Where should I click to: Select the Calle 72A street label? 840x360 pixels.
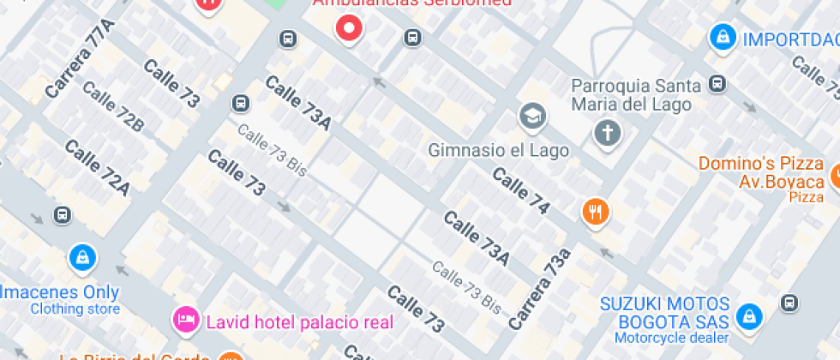coord(97,166)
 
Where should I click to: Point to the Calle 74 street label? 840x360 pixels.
coord(520,190)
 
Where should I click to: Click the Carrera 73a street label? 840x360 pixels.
coord(540,289)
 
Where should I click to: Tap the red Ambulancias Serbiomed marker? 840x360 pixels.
coord(349,30)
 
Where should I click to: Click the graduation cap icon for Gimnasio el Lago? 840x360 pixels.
coord(532,115)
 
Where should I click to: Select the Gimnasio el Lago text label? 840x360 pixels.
coord(499,151)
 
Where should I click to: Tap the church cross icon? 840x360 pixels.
coord(608,133)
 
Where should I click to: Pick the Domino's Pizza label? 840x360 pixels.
coord(760,163)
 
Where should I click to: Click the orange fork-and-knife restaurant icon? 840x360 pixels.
coord(596,211)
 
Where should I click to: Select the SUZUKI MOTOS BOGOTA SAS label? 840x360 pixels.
coord(664,313)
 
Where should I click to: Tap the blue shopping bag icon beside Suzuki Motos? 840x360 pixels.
coord(749,316)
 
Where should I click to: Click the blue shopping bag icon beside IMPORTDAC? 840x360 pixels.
coord(723,38)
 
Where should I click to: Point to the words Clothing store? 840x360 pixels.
coord(75,309)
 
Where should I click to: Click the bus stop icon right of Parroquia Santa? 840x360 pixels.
coord(718,84)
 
